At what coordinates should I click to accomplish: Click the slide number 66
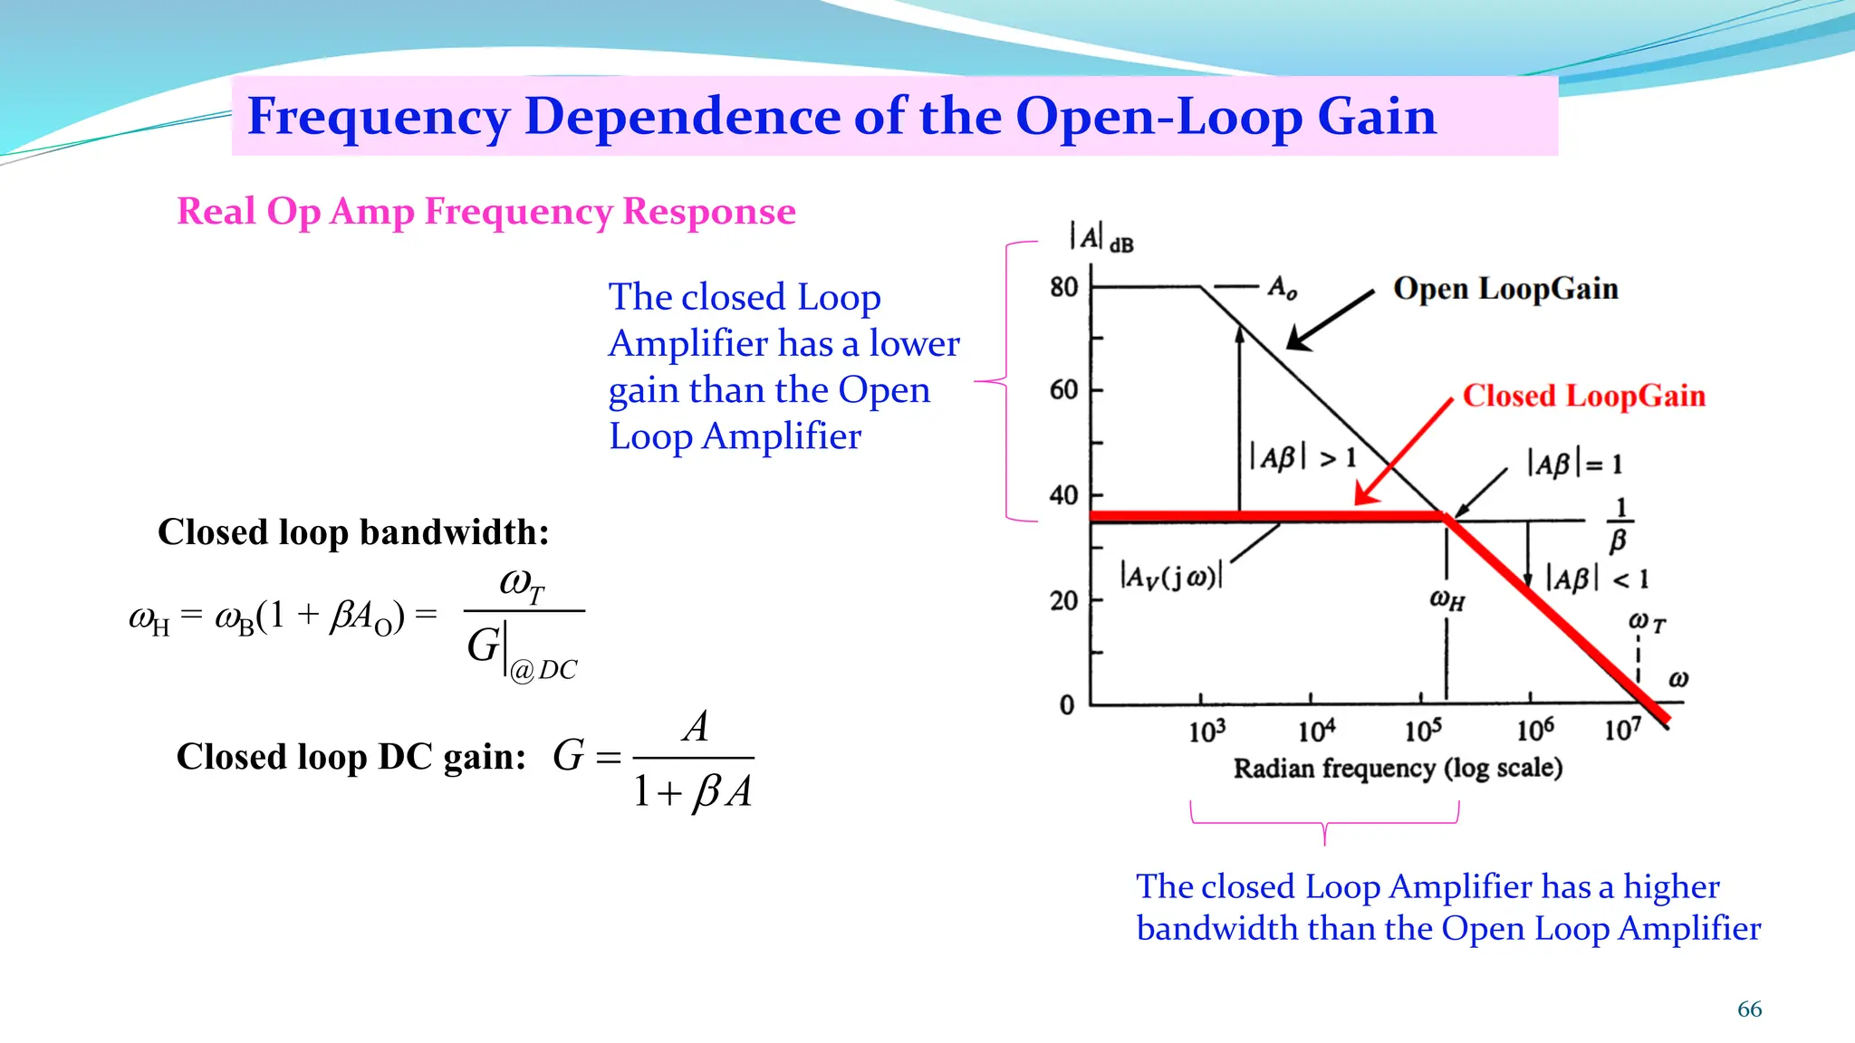click(1749, 1010)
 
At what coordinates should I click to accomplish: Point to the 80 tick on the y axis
click(1064, 287)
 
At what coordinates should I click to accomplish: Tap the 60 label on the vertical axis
click(1064, 390)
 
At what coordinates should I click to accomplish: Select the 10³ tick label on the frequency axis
click(1207, 731)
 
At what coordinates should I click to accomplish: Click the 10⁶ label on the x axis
click(1535, 729)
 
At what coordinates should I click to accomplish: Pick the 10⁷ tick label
click(1622, 729)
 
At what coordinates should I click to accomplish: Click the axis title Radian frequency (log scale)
click(1398, 769)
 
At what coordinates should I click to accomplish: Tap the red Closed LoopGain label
click(1583, 396)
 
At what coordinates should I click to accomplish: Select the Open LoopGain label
click(1505, 289)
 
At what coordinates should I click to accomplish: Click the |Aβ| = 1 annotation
click(1575, 464)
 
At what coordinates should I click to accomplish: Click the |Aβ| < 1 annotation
click(1597, 579)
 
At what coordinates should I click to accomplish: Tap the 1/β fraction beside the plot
click(1620, 525)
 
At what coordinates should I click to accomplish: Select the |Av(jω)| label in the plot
click(1171, 576)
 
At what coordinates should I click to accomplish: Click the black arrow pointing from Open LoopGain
click(1330, 320)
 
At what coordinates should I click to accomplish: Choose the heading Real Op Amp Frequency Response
click(486, 212)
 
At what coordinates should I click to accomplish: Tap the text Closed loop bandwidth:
click(353, 532)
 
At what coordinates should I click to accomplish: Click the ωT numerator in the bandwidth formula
click(523, 584)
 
